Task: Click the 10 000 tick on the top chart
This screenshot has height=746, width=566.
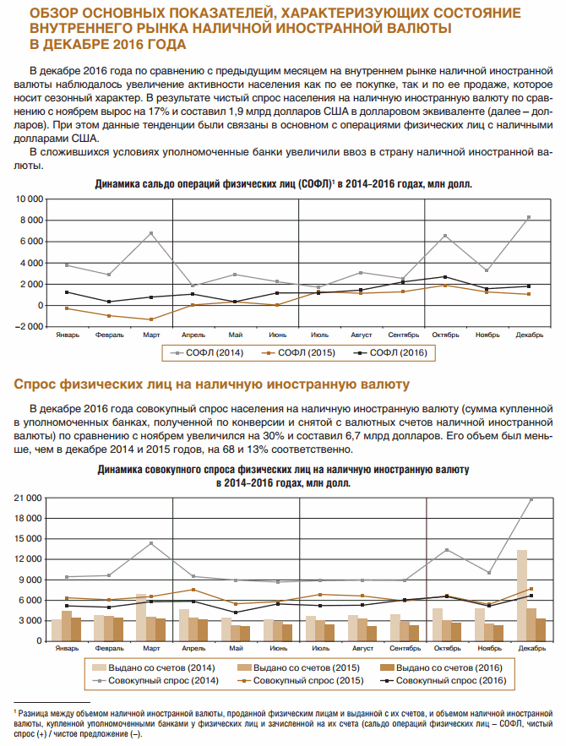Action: [27, 199]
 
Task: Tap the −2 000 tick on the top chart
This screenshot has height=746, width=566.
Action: [28, 326]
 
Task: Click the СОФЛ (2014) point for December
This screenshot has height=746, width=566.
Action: [528, 217]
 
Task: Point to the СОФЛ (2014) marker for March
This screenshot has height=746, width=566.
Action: [151, 233]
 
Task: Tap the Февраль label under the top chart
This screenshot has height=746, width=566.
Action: [109, 335]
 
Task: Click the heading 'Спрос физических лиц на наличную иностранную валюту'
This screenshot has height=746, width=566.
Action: [212, 385]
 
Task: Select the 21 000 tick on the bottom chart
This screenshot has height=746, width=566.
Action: [27, 498]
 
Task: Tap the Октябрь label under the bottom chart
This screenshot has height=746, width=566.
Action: [447, 648]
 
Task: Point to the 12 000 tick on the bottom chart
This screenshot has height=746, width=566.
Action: [27, 559]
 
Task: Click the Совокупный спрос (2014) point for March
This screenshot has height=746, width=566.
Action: [151, 542]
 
